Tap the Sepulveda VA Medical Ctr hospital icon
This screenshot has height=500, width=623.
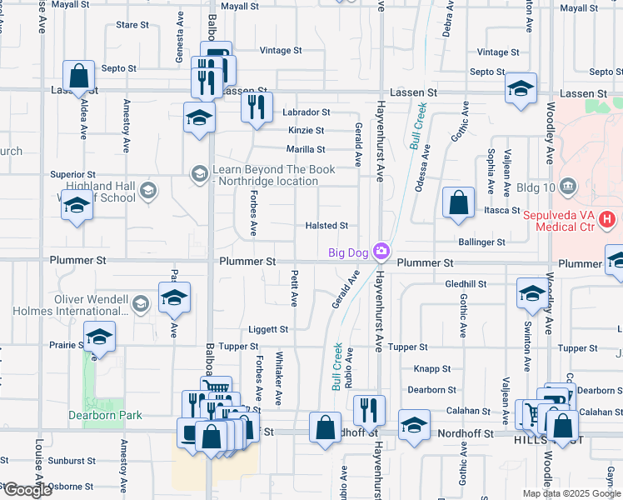click(x=607, y=220)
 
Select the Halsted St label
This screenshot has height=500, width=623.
click(x=326, y=226)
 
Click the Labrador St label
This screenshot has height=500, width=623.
click(x=307, y=112)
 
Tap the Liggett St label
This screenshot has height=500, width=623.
click(x=267, y=330)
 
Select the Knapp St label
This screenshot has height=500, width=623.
click(x=432, y=368)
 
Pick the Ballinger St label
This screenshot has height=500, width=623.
click(x=482, y=242)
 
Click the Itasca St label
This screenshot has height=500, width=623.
click(x=502, y=211)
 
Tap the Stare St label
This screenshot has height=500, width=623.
click(x=132, y=25)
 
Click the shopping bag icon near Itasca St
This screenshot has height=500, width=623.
click(x=458, y=202)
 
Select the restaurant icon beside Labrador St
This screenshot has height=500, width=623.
click(x=257, y=106)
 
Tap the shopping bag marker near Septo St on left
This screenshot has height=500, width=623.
click(x=78, y=76)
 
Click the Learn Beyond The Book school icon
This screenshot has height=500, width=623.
click(x=199, y=173)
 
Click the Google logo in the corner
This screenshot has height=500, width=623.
click(x=27, y=490)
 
